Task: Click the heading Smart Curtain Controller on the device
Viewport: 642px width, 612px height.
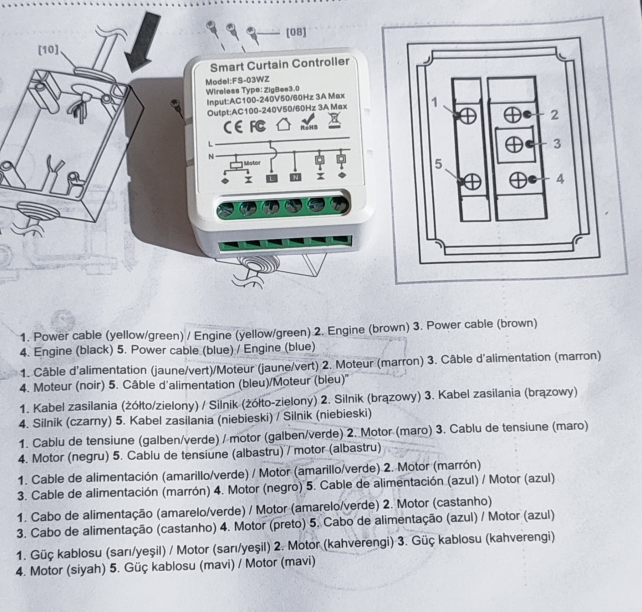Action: click(280, 64)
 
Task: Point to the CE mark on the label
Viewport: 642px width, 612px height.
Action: click(233, 127)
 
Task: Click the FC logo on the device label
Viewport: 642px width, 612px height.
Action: click(258, 126)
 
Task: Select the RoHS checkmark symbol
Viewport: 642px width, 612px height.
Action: click(309, 121)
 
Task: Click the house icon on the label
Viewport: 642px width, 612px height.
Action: click(284, 124)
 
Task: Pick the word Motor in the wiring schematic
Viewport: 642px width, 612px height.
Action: click(252, 163)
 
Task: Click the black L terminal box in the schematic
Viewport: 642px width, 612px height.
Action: click(272, 178)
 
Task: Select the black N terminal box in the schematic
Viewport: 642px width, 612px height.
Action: click(295, 177)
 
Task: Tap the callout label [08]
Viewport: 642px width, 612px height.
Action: click(296, 32)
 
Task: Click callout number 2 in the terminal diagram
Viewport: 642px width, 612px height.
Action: click(554, 115)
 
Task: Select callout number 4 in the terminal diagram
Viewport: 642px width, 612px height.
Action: click(560, 178)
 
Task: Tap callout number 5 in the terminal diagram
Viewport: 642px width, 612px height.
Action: click(438, 164)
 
